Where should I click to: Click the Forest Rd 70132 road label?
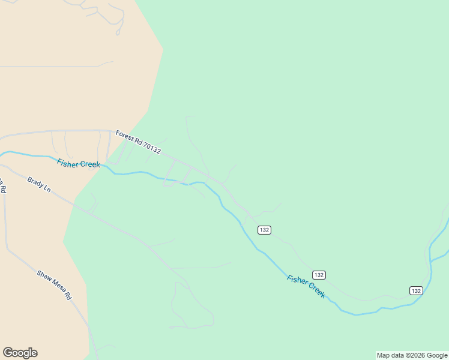point(138,143)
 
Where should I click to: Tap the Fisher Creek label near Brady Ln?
point(79,164)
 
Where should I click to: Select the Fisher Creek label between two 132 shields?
point(306,287)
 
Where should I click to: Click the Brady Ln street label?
point(39,184)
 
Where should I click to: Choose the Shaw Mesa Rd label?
point(54,285)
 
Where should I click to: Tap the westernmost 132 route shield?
point(264,230)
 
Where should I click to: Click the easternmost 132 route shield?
point(416,290)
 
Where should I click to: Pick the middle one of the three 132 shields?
point(319,275)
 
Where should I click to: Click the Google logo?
point(20,353)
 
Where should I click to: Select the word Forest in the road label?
point(124,136)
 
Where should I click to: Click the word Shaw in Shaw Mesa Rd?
point(44,276)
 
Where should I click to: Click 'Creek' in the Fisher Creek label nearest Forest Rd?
point(89,164)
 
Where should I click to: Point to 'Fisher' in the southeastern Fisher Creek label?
point(297,281)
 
